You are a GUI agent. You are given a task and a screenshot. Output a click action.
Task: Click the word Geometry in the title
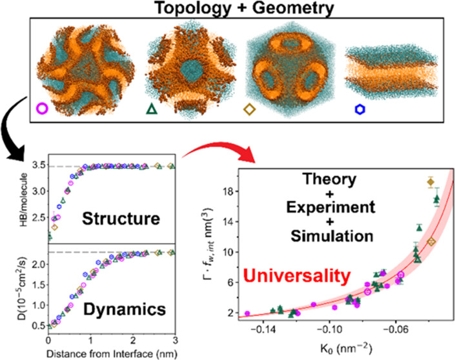(x=293, y=8)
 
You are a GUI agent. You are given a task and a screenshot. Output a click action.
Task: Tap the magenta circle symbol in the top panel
(x=42, y=108)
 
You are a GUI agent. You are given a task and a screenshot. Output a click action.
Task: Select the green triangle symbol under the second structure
(x=152, y=109)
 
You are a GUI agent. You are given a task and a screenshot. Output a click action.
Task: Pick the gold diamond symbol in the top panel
(x=249, y=110)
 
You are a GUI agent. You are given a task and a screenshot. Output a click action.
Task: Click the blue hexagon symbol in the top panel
(x=360, y=109)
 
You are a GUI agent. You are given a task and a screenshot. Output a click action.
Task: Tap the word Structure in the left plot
(x=121, y=218)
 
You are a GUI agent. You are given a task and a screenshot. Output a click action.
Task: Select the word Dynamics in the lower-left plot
(x=125, y=309)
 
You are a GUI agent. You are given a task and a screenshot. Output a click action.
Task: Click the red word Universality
(x=297, y=275)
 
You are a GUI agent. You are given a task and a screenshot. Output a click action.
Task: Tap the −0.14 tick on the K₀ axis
(x=263, y=330)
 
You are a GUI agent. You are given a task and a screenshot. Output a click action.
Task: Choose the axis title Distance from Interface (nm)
(x=112, y=354)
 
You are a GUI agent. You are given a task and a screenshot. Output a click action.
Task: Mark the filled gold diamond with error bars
(x=430, y=182)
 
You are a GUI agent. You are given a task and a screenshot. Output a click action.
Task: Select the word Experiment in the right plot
(x=331, y=207)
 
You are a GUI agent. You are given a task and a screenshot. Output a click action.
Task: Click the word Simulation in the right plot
(x=332, y=236)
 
